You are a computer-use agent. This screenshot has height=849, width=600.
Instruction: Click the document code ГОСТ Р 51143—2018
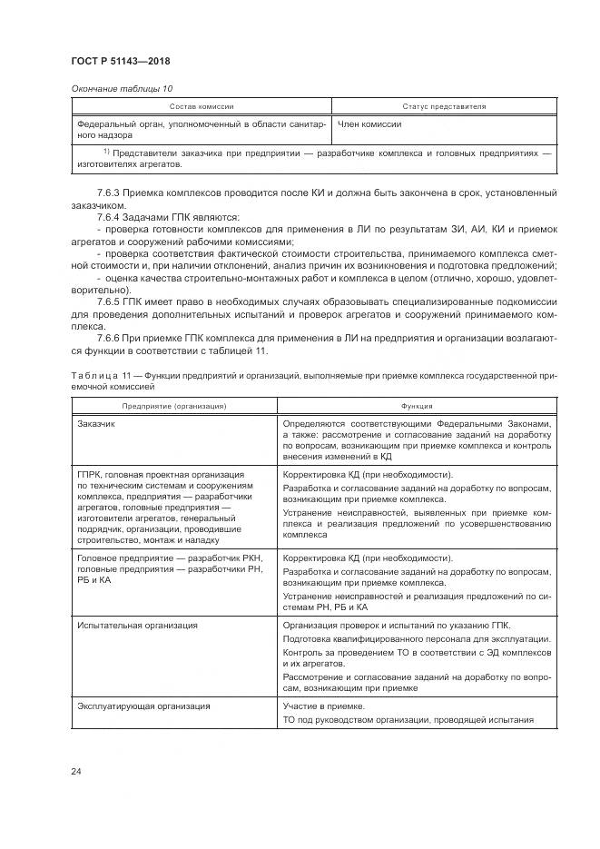click(x=120, y=61)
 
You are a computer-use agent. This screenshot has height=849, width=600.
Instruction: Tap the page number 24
click(x=76, y=771)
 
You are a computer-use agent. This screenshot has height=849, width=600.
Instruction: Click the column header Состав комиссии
click(x=202, y=106)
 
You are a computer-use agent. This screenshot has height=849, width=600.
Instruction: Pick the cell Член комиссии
click(x=369, y=123)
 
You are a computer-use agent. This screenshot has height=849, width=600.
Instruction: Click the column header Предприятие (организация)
click(x=174, y=406)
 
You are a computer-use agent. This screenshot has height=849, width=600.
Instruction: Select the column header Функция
click(x=418, y=406)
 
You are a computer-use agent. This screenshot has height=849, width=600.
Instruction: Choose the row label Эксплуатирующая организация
click(x=143, y=706)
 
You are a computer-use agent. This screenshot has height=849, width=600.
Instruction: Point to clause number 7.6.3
click(x=107, y=193)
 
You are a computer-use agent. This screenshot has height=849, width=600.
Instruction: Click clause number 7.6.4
click(x=107, y=218)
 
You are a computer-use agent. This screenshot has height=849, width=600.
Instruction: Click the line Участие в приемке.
click(x=324, y=706)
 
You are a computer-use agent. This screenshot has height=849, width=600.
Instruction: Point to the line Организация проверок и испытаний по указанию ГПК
click(x=397, y=626)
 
